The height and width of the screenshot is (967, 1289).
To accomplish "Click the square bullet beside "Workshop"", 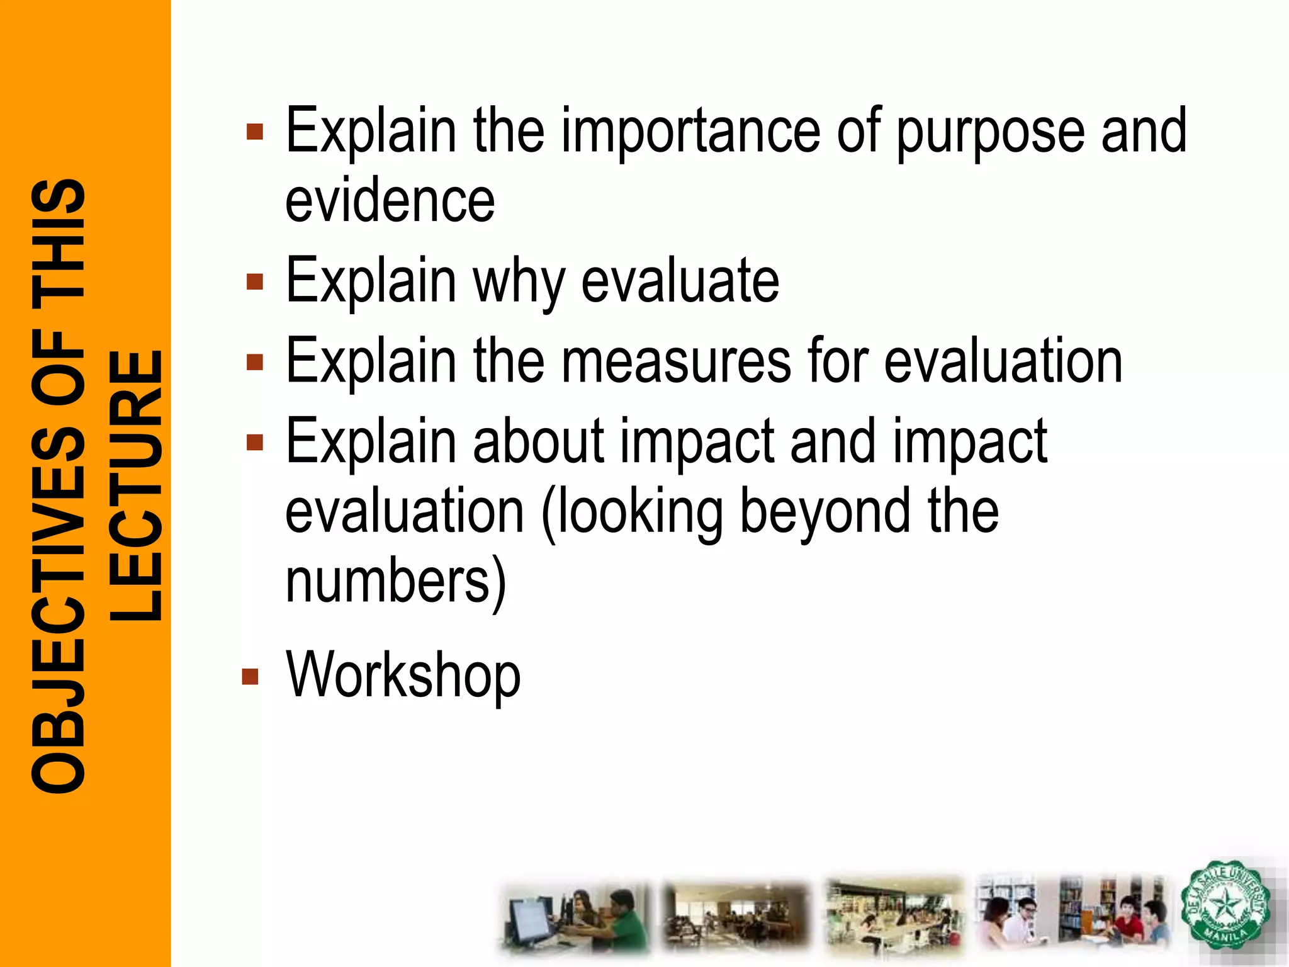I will (250, 676).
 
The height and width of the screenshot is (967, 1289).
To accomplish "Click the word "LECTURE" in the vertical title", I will (136, 485).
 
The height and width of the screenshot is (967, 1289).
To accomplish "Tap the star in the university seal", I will (1224, 907).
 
